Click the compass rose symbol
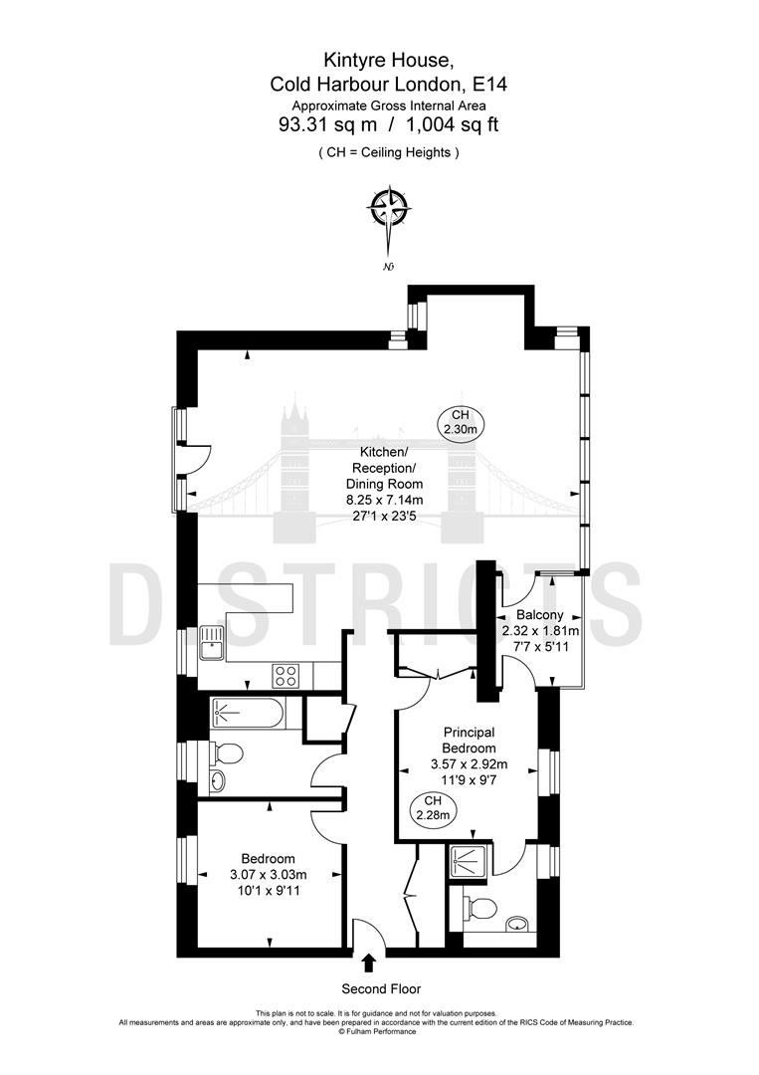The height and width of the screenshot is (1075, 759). (389, 209)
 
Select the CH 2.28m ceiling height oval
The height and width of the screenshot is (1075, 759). (431, 807)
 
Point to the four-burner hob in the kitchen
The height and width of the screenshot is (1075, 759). (287, 675)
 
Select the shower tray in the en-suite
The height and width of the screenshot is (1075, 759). (466, 860)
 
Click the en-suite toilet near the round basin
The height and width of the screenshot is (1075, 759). (481, 907)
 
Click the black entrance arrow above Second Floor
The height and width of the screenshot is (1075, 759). (369, 963)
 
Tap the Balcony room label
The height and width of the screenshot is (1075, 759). (538, 615)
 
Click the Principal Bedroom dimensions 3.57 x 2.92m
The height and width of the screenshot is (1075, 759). (468, 764)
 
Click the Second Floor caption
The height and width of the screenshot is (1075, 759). (380, 988)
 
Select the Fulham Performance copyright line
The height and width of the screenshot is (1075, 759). (377, 1031)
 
